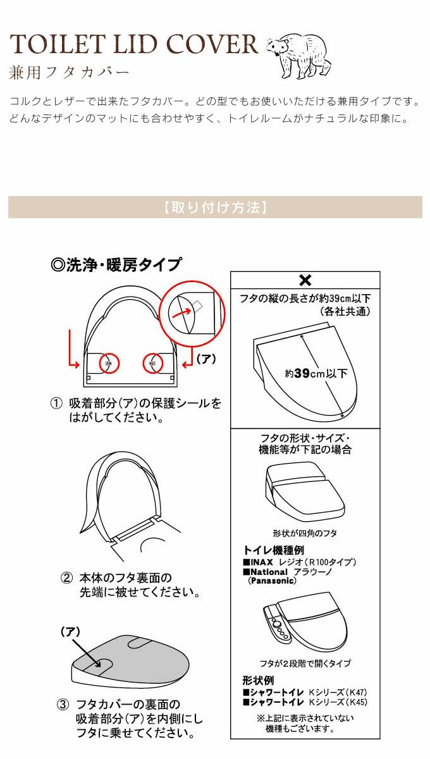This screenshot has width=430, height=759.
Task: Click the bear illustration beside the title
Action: coord(299,56)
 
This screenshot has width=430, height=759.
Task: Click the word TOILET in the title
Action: coord(57,44)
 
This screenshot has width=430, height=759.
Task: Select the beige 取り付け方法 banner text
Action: coord(215,207)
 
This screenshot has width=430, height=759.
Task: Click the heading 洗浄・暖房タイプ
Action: coord(116,264)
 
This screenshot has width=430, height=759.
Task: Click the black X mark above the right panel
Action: coord(305,280)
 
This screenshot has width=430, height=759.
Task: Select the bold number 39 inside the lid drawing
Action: coord(302,373)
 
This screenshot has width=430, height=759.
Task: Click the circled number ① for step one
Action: coord(56,404)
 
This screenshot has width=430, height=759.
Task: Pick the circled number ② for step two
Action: coord(67,577)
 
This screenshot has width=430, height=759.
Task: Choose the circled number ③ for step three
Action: coord(63,705)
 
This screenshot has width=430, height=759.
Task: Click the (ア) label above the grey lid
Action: coord(70,631)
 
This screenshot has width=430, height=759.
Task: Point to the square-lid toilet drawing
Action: coord(305,491)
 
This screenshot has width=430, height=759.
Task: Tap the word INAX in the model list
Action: coord(262,562)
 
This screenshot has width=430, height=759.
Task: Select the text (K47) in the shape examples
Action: coord(357,692)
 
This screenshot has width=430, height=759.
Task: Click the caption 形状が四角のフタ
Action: coord(305,533)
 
